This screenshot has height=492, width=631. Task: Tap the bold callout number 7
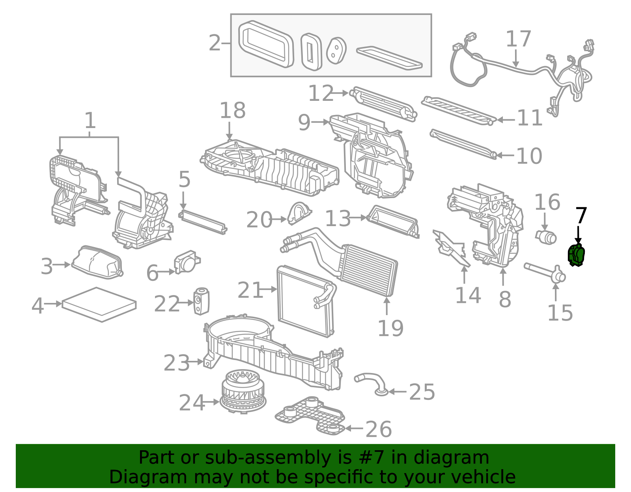581,216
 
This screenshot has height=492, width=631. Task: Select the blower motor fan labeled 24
243,391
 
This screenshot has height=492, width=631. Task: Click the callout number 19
390,328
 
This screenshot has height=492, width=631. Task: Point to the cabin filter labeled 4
99,304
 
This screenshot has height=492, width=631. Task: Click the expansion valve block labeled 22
202,301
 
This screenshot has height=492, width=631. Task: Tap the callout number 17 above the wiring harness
518,39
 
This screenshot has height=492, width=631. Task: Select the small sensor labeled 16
546,236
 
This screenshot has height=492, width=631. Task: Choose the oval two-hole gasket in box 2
336,51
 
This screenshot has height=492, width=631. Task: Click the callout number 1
90,121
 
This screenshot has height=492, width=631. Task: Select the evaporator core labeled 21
304,301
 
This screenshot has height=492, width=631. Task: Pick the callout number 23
176,363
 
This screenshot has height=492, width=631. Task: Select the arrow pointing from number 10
505,155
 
